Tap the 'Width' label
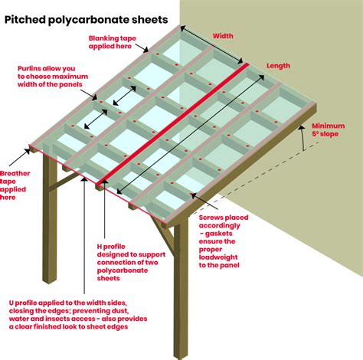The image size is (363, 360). [x=224, y=35]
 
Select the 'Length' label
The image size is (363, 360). [x=278, y=66]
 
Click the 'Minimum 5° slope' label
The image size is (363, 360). [x=329, y=130]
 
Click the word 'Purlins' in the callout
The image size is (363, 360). [x=31, y=67]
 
